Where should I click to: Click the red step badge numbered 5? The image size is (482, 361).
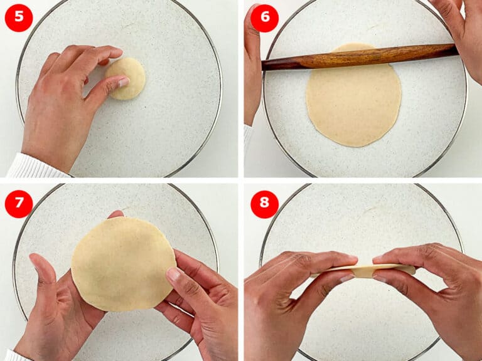tap(18, 18)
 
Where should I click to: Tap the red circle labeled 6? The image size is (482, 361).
tap(264, 18)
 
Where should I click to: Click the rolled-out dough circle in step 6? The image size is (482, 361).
tap(353, 100)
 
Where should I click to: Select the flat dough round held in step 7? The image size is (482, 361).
tap(122, 263)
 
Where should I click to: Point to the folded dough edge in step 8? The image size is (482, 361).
tap(364, 269)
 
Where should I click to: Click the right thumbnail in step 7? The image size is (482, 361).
tap(174, 275)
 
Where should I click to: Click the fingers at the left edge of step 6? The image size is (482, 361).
tap(252, 69)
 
